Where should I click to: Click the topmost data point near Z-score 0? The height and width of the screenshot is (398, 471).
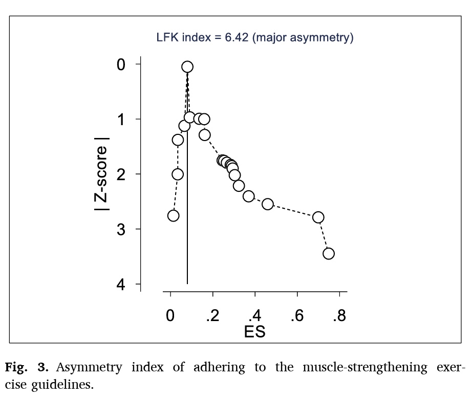[187, 67]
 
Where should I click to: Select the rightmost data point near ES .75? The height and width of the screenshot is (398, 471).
[329, 253]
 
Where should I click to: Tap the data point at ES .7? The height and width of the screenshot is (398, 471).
[318, 217]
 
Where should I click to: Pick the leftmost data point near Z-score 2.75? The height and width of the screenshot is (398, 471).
[174, 216]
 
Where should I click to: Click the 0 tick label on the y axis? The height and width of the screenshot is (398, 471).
[121, 64]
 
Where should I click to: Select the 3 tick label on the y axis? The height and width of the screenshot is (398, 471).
[121, 229]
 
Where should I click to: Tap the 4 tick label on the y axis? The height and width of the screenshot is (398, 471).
[121, 284]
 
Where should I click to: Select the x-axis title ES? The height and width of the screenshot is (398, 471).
[254, 331]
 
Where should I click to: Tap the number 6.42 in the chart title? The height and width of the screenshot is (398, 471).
[236, 37]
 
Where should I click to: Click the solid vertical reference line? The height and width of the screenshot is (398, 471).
[187, 231]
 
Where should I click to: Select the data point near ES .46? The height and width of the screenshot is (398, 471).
[268, 204]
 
